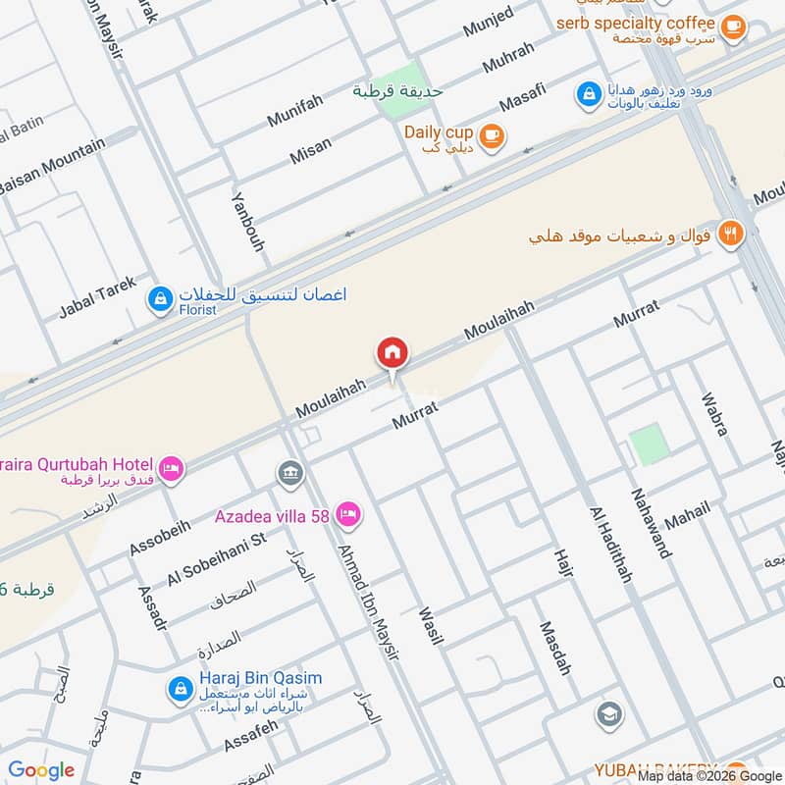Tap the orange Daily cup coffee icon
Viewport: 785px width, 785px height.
(493, 137)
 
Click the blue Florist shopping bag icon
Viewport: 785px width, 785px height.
(159, 298)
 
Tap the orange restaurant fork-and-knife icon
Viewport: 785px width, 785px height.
(730, 234)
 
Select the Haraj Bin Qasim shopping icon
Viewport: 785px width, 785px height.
(180, 690)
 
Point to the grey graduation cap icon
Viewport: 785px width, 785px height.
(609, 715)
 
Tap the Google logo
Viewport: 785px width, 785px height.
(41, 770)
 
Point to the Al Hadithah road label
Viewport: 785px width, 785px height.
(608, 545)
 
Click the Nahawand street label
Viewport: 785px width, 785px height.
(652, 522)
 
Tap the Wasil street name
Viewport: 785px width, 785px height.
(431, 626)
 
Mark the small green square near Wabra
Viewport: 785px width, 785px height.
(649, 445)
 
